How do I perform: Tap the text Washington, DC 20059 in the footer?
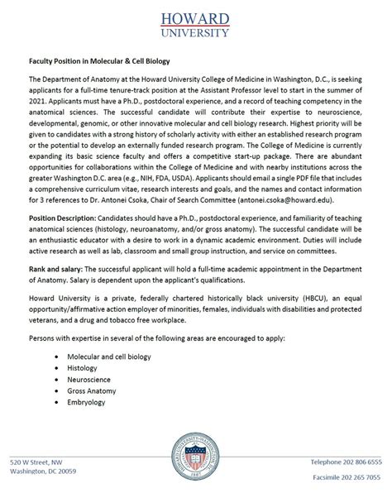point(43,471)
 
